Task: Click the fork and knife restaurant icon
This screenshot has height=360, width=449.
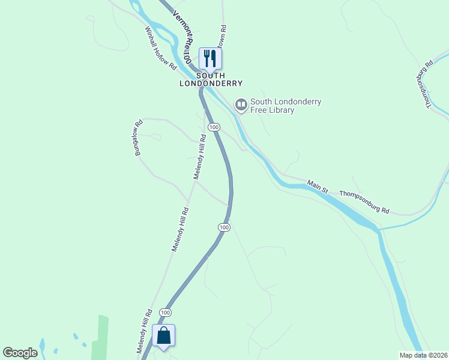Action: coord(210,59)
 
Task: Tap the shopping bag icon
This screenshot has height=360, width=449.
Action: coord(164,335)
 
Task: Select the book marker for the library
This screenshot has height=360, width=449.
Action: coord(241,106)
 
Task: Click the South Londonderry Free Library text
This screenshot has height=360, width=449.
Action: coord(285,106)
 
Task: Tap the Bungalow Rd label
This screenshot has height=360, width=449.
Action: coord(139,139)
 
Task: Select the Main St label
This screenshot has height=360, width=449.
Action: coord(318,187)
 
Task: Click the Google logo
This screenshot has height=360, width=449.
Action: coord(20,352)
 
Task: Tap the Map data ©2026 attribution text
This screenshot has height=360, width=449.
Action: coord(423,355)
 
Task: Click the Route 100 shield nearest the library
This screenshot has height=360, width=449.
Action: coord(214,127)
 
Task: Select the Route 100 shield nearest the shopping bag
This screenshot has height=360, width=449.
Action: coord(166,313)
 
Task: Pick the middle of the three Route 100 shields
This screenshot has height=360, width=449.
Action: coord(223,227)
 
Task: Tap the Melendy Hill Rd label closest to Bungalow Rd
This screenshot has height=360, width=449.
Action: coord(200,157)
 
